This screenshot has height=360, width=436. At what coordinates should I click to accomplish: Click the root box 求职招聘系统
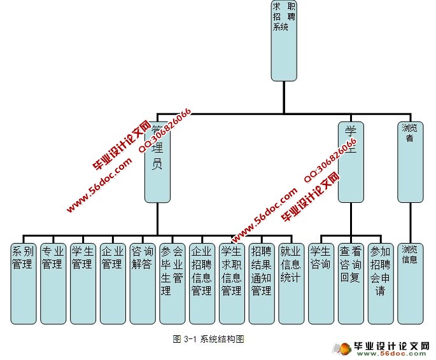[x=284, y=41]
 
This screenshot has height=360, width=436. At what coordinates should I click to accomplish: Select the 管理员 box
[x=157, y=162]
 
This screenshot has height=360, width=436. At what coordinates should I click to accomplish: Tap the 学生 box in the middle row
[x=351, y=162]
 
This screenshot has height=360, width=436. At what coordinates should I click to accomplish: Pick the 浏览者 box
[x=410, y=162]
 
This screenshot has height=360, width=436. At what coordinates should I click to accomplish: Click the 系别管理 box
[x=24, y=282]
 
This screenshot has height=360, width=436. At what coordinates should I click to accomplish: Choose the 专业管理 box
[x=53, y=282]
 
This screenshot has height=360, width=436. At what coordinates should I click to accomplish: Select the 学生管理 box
[x=83, y=282]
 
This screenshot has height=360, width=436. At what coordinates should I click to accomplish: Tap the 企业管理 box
[x=113, y=282]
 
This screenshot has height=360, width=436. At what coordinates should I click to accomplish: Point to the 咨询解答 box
[x=143, y=282]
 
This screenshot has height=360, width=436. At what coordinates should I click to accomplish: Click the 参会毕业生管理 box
[x=172, y=282]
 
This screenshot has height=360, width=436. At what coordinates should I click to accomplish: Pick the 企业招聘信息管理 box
[x=202, y=282]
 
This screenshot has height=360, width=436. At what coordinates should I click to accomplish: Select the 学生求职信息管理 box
[x=232, y=282]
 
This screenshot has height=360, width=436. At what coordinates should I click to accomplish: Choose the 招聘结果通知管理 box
[x=261, y=282]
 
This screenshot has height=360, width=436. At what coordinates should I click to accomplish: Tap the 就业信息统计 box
[x=291, y=282]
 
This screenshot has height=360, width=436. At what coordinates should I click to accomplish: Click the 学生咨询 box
[x=321, y=282]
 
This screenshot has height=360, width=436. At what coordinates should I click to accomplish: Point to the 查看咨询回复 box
[x=351, y=282]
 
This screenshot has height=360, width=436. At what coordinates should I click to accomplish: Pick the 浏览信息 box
[x=410, y=282]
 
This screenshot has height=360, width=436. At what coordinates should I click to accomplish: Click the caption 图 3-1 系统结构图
[x=209, y=339]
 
